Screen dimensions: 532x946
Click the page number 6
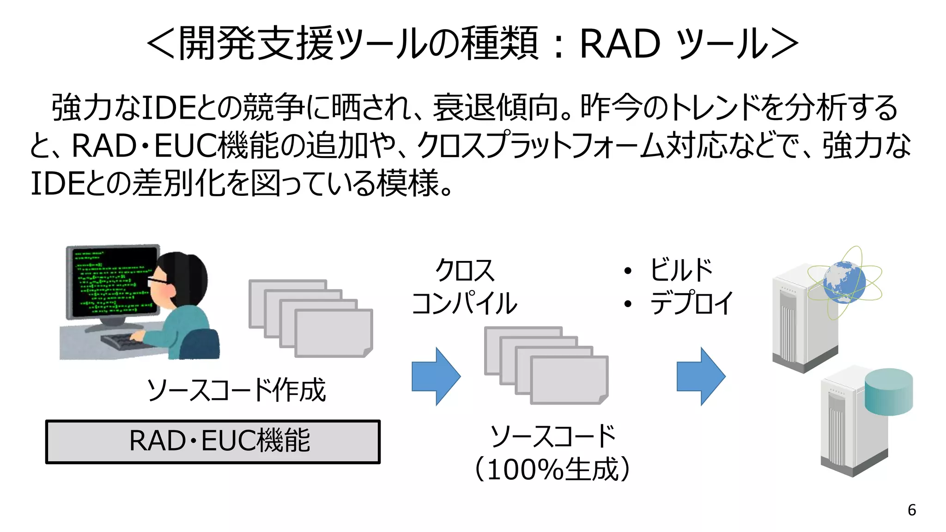pos(911,510)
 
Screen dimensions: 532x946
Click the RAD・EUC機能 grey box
pos(212,441)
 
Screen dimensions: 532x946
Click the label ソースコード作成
pos(236,390)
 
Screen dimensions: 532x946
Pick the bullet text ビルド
pos(681,270)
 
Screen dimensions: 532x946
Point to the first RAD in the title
pos(619,44)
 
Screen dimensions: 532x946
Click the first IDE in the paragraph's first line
pos(168,107)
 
